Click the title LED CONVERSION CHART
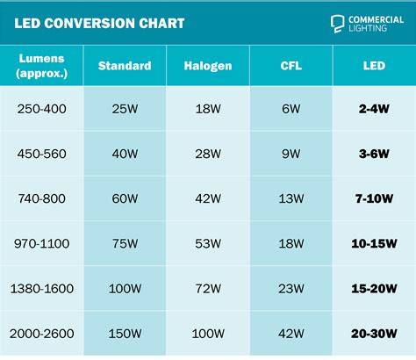coord(99,24)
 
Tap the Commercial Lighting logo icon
coord(337,24)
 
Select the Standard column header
coord(125,66)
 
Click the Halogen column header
coord(208,66)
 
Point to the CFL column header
coord(291,66)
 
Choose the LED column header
coord(374,66)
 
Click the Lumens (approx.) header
coord(41,66)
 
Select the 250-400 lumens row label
coord(41,109)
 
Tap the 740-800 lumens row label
coord(41,198)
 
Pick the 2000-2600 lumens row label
coord(41,334)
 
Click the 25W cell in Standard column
coord(125,109)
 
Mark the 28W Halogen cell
coord(208,154)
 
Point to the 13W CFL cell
coord(291,198)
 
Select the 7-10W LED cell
coord(374,198)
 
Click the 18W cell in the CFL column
coord(291,244)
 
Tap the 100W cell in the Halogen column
coord(208,334)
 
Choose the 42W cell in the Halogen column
coord(208,198)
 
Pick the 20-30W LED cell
coord(374,334)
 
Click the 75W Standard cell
coord(125,244)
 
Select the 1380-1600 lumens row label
coord(41,289)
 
